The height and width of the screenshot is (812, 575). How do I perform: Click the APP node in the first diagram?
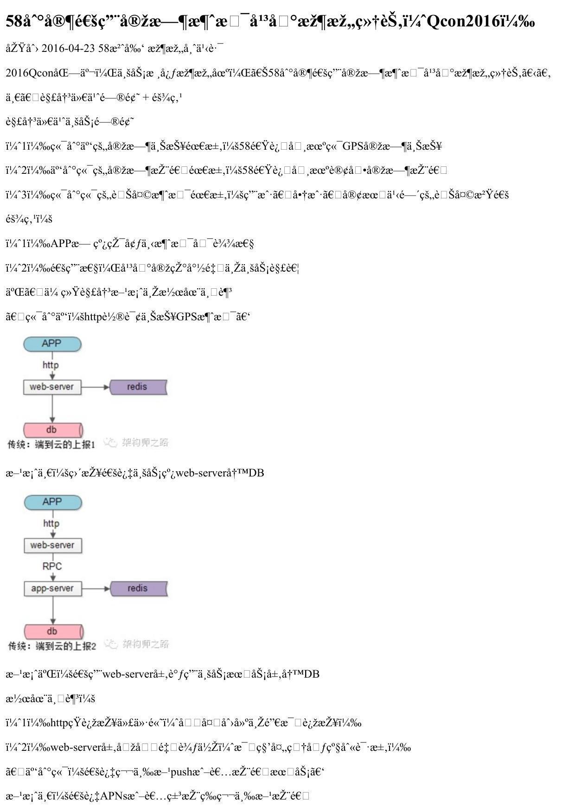(x=52, y=344)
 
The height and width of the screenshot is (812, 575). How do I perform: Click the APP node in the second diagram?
(x=52, y=502)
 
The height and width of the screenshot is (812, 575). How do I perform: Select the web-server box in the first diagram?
(x=52, y=387)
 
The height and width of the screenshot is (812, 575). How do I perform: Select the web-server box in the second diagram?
(x=52, y=546)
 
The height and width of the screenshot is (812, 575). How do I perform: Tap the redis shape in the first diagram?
(x=138, y=387)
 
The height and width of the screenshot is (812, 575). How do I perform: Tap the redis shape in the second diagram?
(x=138, y=589)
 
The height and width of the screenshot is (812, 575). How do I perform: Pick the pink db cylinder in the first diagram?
(x=52, y=430)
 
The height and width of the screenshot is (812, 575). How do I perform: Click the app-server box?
(x=52, y=589)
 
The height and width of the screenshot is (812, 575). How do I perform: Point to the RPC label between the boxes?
(x=52, y=566)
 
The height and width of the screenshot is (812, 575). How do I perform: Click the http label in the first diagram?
(x=51, y=365)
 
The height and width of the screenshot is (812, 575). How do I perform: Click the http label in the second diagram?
(x=51, y=524)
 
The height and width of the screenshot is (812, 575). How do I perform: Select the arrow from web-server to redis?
(x=95, y=387)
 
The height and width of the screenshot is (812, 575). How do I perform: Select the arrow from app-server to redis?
(x=96, y=589)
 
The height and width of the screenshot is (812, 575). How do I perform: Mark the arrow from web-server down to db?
(x=52, y=408)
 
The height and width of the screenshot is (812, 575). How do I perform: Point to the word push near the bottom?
(x=181, y=772)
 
